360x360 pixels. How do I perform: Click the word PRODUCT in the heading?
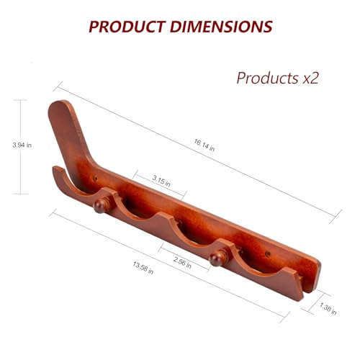tap(127, 27)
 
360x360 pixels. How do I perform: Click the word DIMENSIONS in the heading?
tap(221, 27)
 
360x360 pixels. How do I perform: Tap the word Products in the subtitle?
tap(267, 78)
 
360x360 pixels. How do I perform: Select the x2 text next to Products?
tap(310, 78)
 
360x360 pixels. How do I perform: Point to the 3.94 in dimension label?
tap(22, 145)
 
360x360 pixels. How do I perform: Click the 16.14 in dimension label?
tap(204, 145)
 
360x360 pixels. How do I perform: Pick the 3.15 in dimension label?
tap(161, 181)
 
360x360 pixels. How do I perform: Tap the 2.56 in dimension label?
tap(182, 263)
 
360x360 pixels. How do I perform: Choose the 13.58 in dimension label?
tap(143, 268)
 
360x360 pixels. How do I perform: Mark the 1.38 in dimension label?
tap(328, 309)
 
